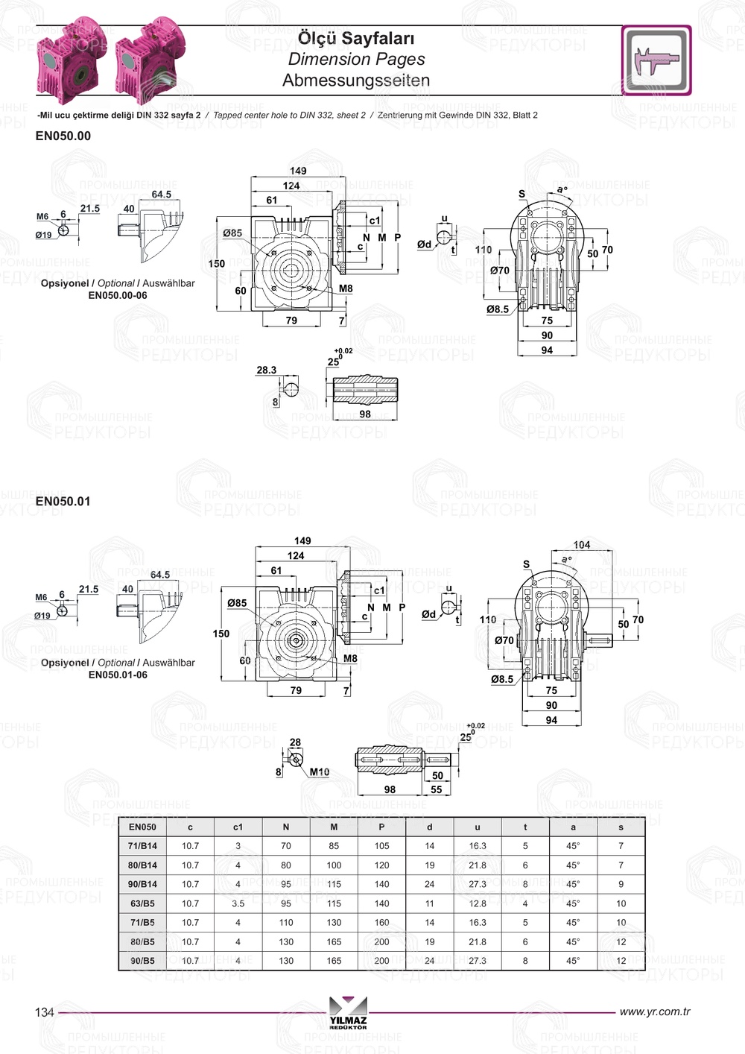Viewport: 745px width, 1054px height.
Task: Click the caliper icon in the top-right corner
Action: pyautogui.click(x=656, y=60)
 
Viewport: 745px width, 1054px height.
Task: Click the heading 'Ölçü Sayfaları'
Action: pyautogui.click(x=356, y=38)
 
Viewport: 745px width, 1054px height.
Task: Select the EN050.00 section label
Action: pyautogui.click(x=63, y=136)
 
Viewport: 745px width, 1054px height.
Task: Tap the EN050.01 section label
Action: pyautogui.click(x=63, y=501)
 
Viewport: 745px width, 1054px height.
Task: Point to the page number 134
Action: pyautogui.click(x=45, y=1012)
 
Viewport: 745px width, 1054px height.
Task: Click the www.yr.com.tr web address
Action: pyautogui.click(x=655, y=1012)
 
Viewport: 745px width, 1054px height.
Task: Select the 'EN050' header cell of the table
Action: pyautogui.click(x=142, y=827)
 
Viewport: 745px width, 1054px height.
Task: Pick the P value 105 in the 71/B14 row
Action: pyautogui.click(x=381, y=846)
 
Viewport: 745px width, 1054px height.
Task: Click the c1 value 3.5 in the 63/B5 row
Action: pyautogui.click(x=238, y=903)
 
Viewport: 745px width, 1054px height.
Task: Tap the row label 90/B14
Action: pyautogui.click(x=142, y=884)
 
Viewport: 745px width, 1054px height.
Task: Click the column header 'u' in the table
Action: pyautogui.click(x=478, y=827)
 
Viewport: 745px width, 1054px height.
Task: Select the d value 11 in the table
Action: pyautogui.click(x=430, y=903)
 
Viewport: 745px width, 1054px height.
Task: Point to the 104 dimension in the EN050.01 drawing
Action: pyautogui.click(x=582, y=545)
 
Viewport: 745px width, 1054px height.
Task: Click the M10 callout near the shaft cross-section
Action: pyautogui.click(x=319, y=772)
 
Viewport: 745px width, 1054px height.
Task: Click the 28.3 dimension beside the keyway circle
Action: pyautogui.click(x=266, y=370)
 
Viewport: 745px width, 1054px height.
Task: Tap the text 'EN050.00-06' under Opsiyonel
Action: pyautogui.click(x=118, y=295)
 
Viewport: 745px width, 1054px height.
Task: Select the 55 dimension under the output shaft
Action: pyautogui.click(x=437, y=789)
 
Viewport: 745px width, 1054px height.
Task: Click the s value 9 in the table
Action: pyautogui.click(x=621, y=884)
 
